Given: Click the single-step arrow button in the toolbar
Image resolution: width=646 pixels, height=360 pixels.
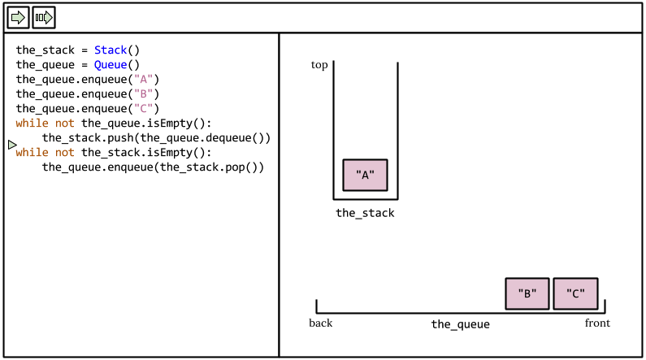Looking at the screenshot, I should click(18, 17).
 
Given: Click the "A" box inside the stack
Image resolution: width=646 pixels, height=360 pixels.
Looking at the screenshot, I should click(365, 175).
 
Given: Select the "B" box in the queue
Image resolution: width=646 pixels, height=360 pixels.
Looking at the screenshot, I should click(527, 294).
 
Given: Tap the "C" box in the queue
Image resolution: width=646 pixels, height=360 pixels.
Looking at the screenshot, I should click(575, 294).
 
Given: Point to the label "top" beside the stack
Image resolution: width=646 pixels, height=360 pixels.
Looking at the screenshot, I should click(319, 65).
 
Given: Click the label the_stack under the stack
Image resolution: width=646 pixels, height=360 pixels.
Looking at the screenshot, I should click(365, 214).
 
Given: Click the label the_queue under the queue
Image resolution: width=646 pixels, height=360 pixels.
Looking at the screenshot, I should click(460, 324).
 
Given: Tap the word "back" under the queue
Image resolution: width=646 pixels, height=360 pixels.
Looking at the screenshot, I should click(320, 323).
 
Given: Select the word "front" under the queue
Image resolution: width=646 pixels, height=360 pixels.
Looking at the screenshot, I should click(597, 323).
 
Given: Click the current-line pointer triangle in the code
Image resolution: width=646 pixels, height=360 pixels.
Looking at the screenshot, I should click(12, 145).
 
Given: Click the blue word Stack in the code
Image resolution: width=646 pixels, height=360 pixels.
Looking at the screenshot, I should click(111, 50).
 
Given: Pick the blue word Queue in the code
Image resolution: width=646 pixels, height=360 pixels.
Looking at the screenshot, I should click(111, 65).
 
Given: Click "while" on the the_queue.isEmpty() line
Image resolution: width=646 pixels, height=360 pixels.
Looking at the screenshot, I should click(32, 124).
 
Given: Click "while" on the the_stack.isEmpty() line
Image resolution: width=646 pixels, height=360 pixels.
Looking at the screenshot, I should click(32, 153).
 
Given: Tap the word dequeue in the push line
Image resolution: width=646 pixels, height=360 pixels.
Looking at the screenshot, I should click(228, 138).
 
